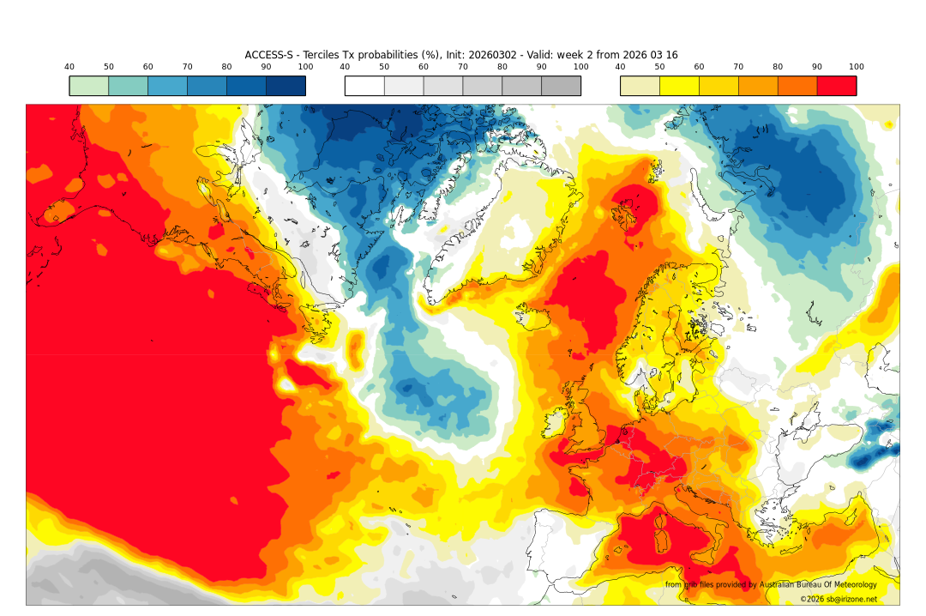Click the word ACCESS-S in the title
coord(269,55)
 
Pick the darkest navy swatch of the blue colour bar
coord(286,86)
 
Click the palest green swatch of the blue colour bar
coord(89,86)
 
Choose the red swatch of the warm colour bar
coord(836,86)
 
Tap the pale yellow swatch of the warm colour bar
coord(640,86)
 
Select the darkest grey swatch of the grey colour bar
coord(561,86)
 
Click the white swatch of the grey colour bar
coord(364,86)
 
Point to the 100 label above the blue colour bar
coord(305,67)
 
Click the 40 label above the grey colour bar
coord(345,67)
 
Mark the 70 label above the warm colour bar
coord(738,67)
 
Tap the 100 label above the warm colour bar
coord(856,67)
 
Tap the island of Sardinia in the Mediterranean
coord(661,537)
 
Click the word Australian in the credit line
coord(775,585)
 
